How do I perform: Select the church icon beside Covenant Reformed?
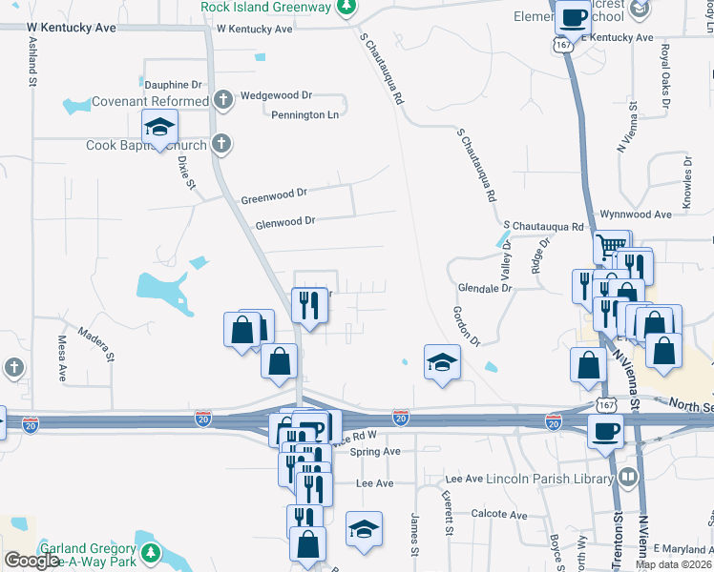pos(222,100)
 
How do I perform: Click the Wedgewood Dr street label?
pos(277,95)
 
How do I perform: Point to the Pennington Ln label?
pos(304,114)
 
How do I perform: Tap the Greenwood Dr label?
pos(274,196)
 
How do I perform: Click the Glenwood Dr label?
pos(284,224)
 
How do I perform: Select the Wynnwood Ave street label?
pos(635,214)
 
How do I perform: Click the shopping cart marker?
pos(611,248)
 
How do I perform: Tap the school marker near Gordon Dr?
pos(442,362)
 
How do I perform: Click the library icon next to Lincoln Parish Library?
pos(627,477)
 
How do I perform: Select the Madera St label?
pos(97,344)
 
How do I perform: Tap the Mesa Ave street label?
pos(63,352)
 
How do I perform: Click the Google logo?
pos(31,561)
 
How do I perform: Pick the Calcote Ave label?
pos(499,514)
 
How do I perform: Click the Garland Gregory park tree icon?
pos(150,552)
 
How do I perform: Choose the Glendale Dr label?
pos(485,287)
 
